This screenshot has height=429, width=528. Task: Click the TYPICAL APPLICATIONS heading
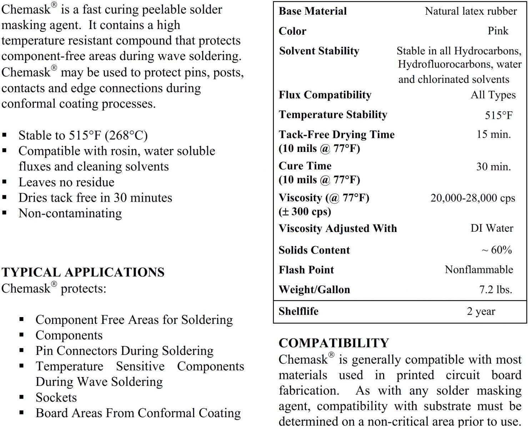[83, 272]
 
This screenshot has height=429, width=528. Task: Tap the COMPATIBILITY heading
[333, 343]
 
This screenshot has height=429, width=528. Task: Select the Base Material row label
[312, 11]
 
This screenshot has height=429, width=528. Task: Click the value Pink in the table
[498, 31]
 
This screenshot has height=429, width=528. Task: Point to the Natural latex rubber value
[471, 11]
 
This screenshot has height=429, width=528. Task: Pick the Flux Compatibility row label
[325, 95]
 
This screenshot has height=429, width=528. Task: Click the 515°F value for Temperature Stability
[498, 115]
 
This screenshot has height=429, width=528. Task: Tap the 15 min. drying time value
[493, 134]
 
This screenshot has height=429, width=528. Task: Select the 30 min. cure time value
[493, 167]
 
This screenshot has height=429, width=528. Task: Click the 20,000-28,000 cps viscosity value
[473, 198]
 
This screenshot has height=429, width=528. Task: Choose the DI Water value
[492, 228]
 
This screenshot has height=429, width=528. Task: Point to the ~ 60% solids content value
[497, 250]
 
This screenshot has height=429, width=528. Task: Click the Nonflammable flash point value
[479, 270]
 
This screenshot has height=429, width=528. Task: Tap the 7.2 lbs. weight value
[496, 290]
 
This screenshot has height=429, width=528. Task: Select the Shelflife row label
[298, 311]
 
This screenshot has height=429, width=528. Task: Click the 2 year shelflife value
[481, 311]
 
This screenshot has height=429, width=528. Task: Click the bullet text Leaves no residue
[66, 182]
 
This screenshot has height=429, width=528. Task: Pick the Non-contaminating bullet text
[70, 213]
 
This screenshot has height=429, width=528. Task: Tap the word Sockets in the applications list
[56, 398]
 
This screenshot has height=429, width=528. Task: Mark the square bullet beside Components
[22, 335]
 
